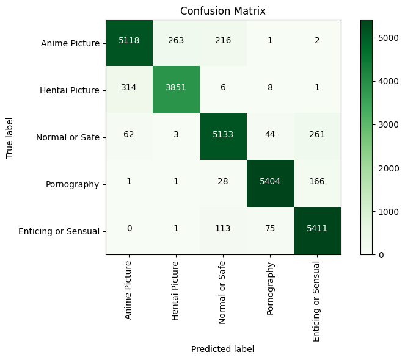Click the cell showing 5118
click(x=129, y=43)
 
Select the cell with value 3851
click(x=176, y=90)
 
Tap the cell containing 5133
click(x=223, y=137)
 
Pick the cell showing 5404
click(x=270, y=184)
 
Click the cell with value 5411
click(x=317, y=231)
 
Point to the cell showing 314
click(x=129, y=90)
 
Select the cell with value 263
click(x=176, y=43)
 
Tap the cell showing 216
click(x=223, y=43)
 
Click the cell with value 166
click(x=317, y=184)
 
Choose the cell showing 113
click(x=223, y=231)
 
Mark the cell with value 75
click(x=270, y=231)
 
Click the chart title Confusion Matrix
click(x=223, y=11)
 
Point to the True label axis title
click(x=10, y=137)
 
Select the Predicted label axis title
click(x=222, y=349)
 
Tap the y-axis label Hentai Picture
click(x=69, y=90)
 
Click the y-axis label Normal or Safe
click(x=68, y=137)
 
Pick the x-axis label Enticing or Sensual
click(x=317, y=300)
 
